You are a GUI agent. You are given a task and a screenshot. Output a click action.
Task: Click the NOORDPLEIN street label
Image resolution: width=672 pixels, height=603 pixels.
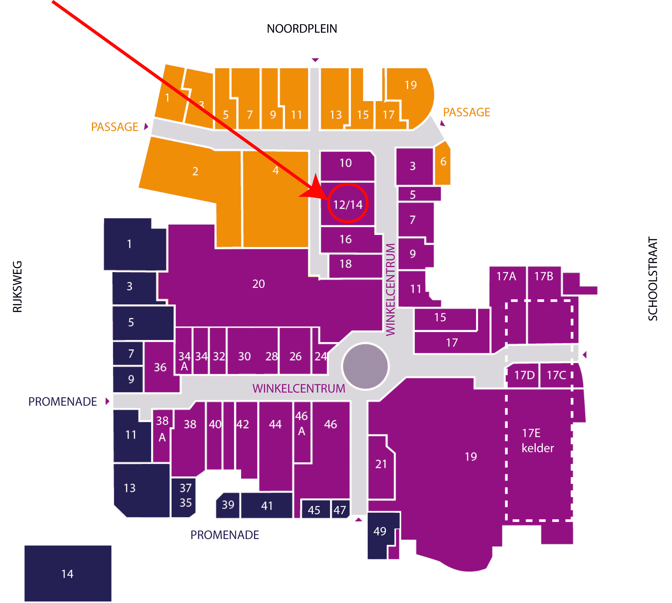pyautogui.click(x=302, y=29)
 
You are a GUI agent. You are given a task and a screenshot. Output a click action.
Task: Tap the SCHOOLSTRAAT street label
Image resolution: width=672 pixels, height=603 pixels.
pyautogui.click(x=652, y=279)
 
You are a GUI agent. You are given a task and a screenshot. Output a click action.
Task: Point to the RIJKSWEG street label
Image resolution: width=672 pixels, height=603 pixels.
pyautogui.click(x=17, y=287)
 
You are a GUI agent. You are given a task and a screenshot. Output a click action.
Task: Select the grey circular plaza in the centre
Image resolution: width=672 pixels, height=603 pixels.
pyautogui.click(x=365, y=366)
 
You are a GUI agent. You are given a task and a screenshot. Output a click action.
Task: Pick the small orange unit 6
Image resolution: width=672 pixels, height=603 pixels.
pyautogui.click(x=443, y=163)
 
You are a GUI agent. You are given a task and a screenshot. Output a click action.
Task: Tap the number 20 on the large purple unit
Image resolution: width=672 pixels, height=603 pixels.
pyautogui.click(x=259, y=284)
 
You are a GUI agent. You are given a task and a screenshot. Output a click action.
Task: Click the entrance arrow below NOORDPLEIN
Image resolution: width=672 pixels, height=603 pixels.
pyautogui.click(x=315, y=60)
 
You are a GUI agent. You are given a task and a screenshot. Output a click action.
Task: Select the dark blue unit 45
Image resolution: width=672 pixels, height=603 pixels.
pyautogui.click(x=315, y=509)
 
